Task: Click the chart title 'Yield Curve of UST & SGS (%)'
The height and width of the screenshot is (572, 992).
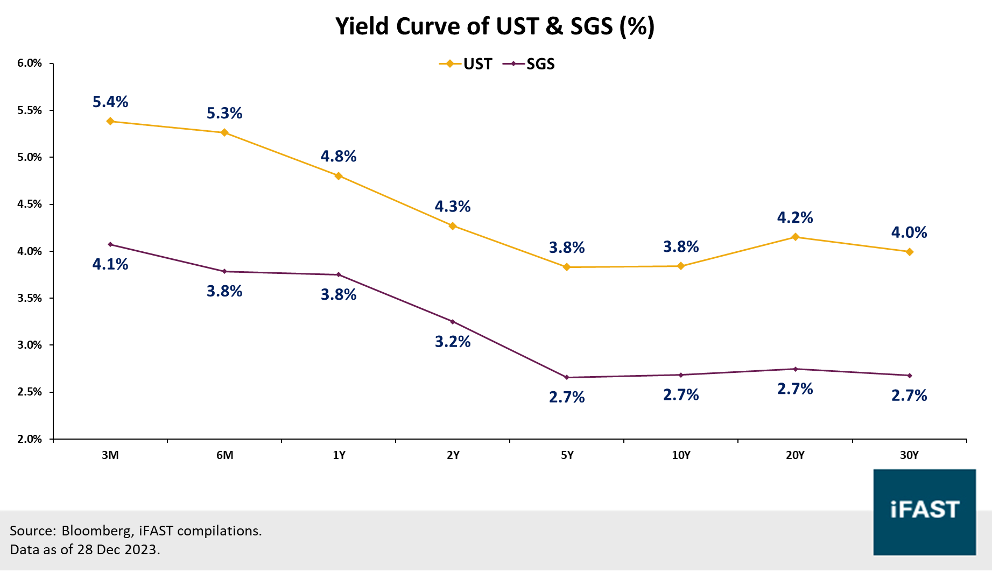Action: pos(495,26)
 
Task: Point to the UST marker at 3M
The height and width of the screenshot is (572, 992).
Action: pos(110,121)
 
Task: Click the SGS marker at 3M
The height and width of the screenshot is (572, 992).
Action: pos(110,244)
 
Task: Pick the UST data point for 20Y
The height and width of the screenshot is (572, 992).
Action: pos(795,237)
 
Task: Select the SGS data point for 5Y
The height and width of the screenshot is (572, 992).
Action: pos(567,377)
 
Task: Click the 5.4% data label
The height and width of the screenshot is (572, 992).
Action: pos(110,102)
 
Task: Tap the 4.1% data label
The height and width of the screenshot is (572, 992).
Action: pos(110,264)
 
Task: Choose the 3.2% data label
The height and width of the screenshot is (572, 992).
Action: pos(453,342)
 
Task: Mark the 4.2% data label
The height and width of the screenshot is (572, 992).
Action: pos(795,217)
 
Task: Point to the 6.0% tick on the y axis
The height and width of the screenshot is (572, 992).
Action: pos(30,63)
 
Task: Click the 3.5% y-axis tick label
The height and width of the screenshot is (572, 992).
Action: pos(30,298)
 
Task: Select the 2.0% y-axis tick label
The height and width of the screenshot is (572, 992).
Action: pos(30,439)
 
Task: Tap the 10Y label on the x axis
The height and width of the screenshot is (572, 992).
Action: pos(681,455)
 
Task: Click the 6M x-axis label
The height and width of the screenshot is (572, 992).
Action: pos(224,455)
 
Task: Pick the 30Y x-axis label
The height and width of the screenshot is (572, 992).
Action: pos(909,455)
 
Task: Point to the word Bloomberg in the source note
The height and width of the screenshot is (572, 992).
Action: pos(96,531)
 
